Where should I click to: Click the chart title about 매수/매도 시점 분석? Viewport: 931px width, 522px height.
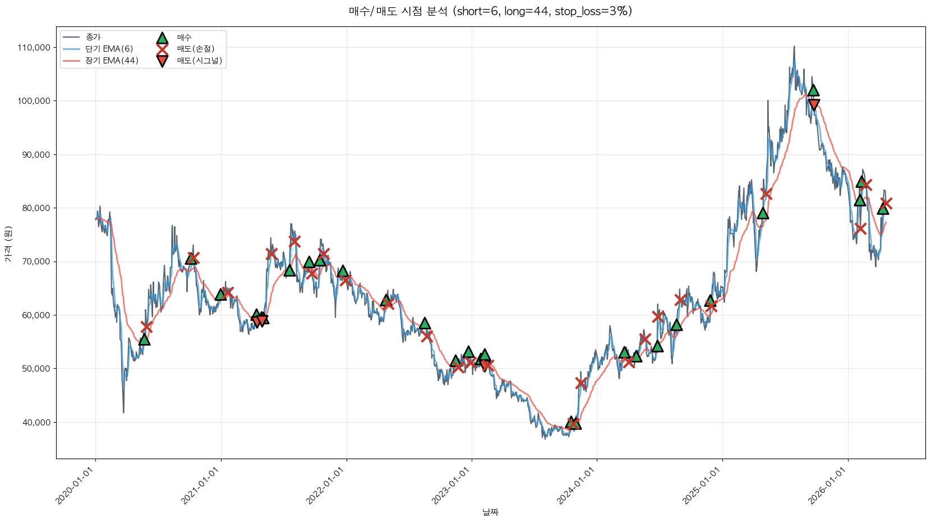[490, 11]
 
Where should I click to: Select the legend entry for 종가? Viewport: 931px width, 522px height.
[93, 37]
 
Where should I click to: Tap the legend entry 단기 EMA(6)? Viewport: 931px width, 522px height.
[109, 49]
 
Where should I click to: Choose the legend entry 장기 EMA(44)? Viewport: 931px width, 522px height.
[112, 61]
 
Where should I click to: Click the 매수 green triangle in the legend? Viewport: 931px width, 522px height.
[162, 38]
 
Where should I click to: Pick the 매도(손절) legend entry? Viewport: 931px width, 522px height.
[195, 49]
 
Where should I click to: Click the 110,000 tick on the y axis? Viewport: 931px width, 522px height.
[34, 48]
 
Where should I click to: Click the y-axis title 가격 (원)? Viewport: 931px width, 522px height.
[8, 244]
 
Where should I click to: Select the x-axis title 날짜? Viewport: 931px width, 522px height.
[490, 512]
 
